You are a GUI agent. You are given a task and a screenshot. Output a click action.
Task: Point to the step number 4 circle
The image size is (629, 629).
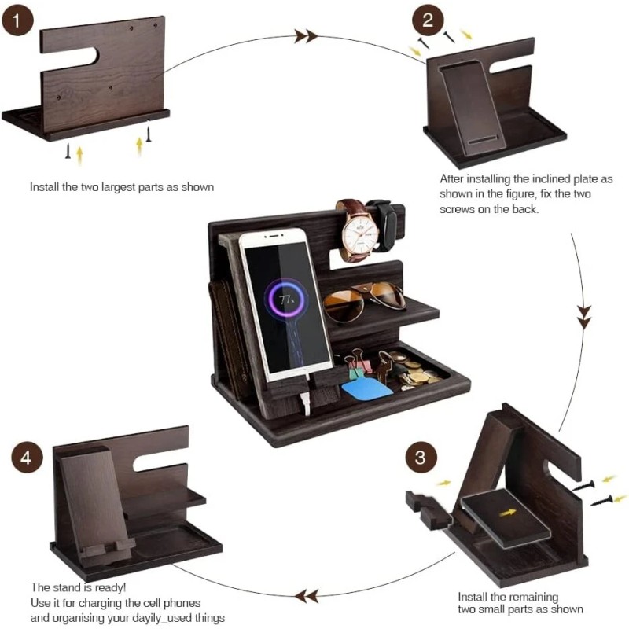28,458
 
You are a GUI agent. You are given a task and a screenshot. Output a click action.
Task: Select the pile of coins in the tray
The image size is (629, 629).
417,376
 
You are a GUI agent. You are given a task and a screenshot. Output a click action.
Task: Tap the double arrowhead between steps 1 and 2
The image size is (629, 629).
306,35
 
